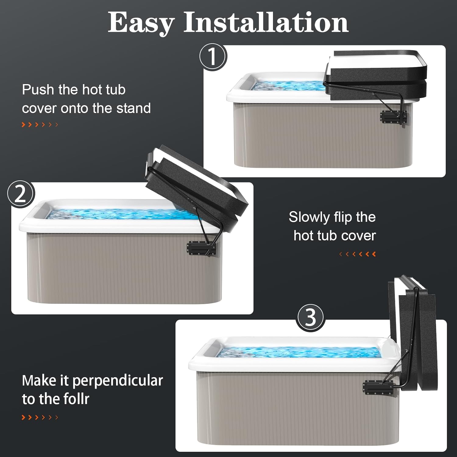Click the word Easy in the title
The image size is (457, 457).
[x=141, y=23]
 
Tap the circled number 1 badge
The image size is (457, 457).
[x=213, y=57]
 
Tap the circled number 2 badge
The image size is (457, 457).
[x=21, y=194]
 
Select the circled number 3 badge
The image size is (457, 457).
[x=310, y=318]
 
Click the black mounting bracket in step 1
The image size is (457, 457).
[x=393, y=118]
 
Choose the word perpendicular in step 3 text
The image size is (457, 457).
[x=118, y=381]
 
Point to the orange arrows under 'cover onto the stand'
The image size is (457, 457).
[x=40, y=125]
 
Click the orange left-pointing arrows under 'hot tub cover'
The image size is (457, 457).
[x=358, y=254]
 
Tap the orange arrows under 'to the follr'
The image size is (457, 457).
[x=40, y=417]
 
